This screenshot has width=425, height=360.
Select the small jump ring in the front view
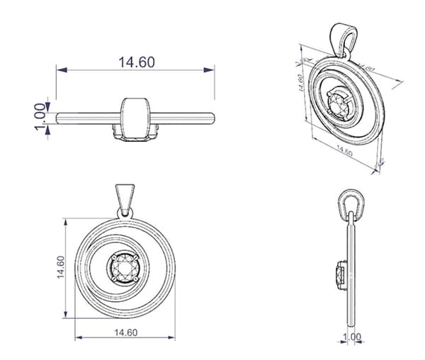coord(125,212)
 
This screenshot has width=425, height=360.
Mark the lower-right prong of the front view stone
coord(137,280)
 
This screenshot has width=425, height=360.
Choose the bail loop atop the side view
coord(351,203)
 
